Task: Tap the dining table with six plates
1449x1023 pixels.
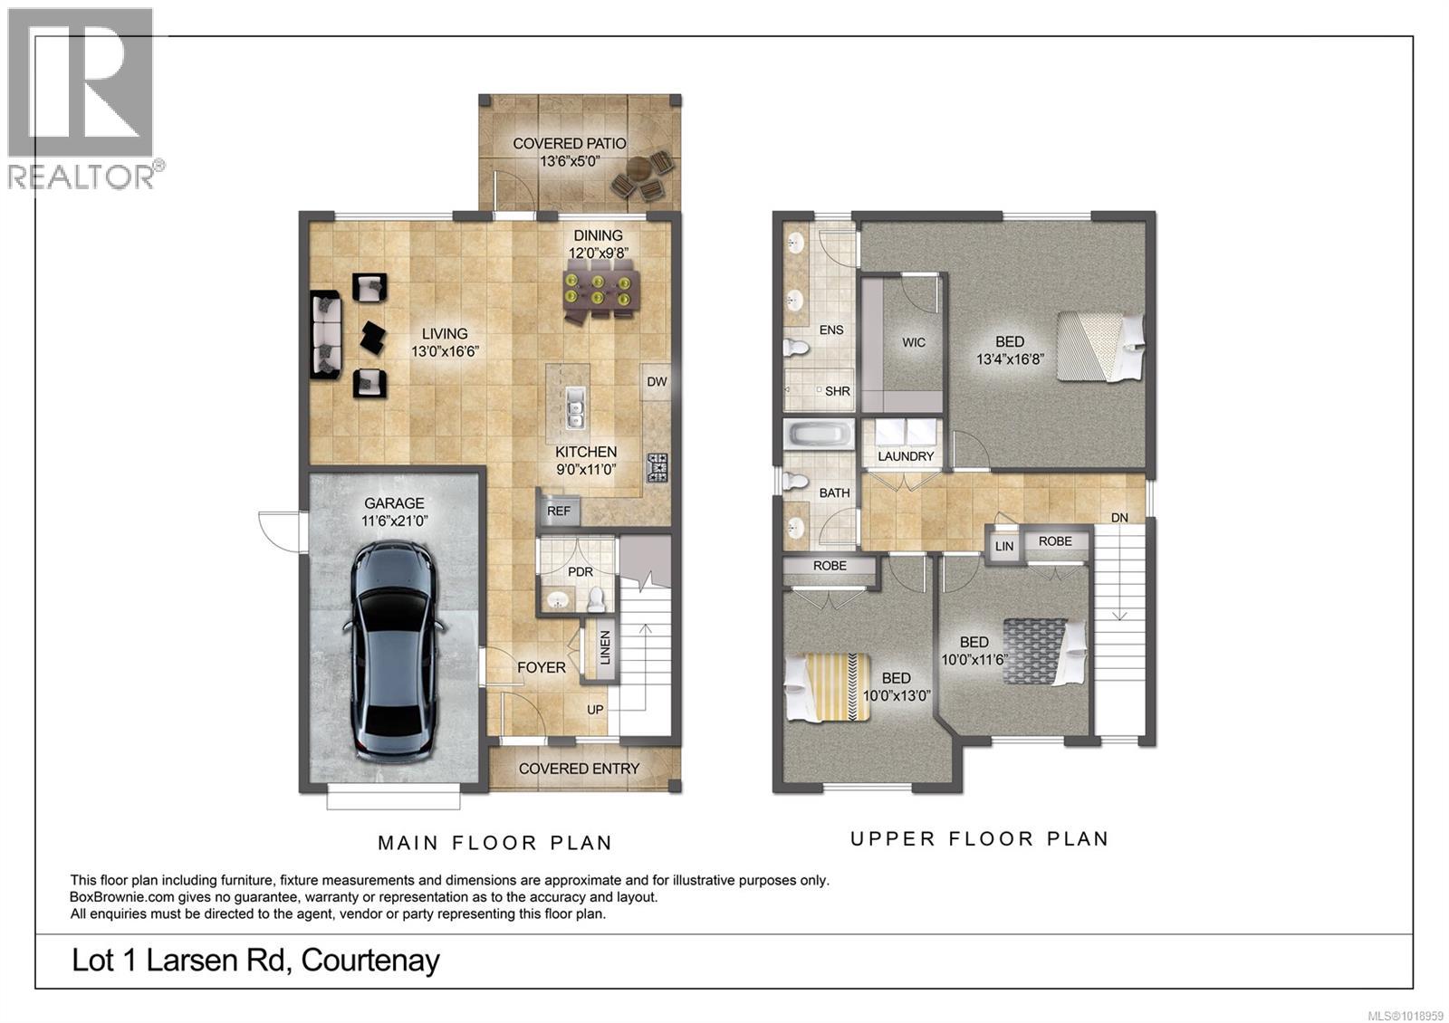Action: (598, 292)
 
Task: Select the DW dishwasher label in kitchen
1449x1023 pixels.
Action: (657, 382)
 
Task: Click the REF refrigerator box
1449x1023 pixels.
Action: (559, 511)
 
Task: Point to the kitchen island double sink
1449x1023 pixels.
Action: (573, 407)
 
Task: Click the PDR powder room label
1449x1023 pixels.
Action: (580, 572)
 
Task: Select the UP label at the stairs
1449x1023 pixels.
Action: (595, 710)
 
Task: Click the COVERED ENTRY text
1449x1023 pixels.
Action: (579, 769)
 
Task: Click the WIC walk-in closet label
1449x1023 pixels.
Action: (914, 342)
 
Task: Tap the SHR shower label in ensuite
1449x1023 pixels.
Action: (838, 391)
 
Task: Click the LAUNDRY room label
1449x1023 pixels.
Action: (905, 456)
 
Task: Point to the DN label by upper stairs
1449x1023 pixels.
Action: (1119, 518)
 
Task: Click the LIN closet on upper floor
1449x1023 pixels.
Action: (1003, 546)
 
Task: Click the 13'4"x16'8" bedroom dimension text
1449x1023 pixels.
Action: (1010, 359)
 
